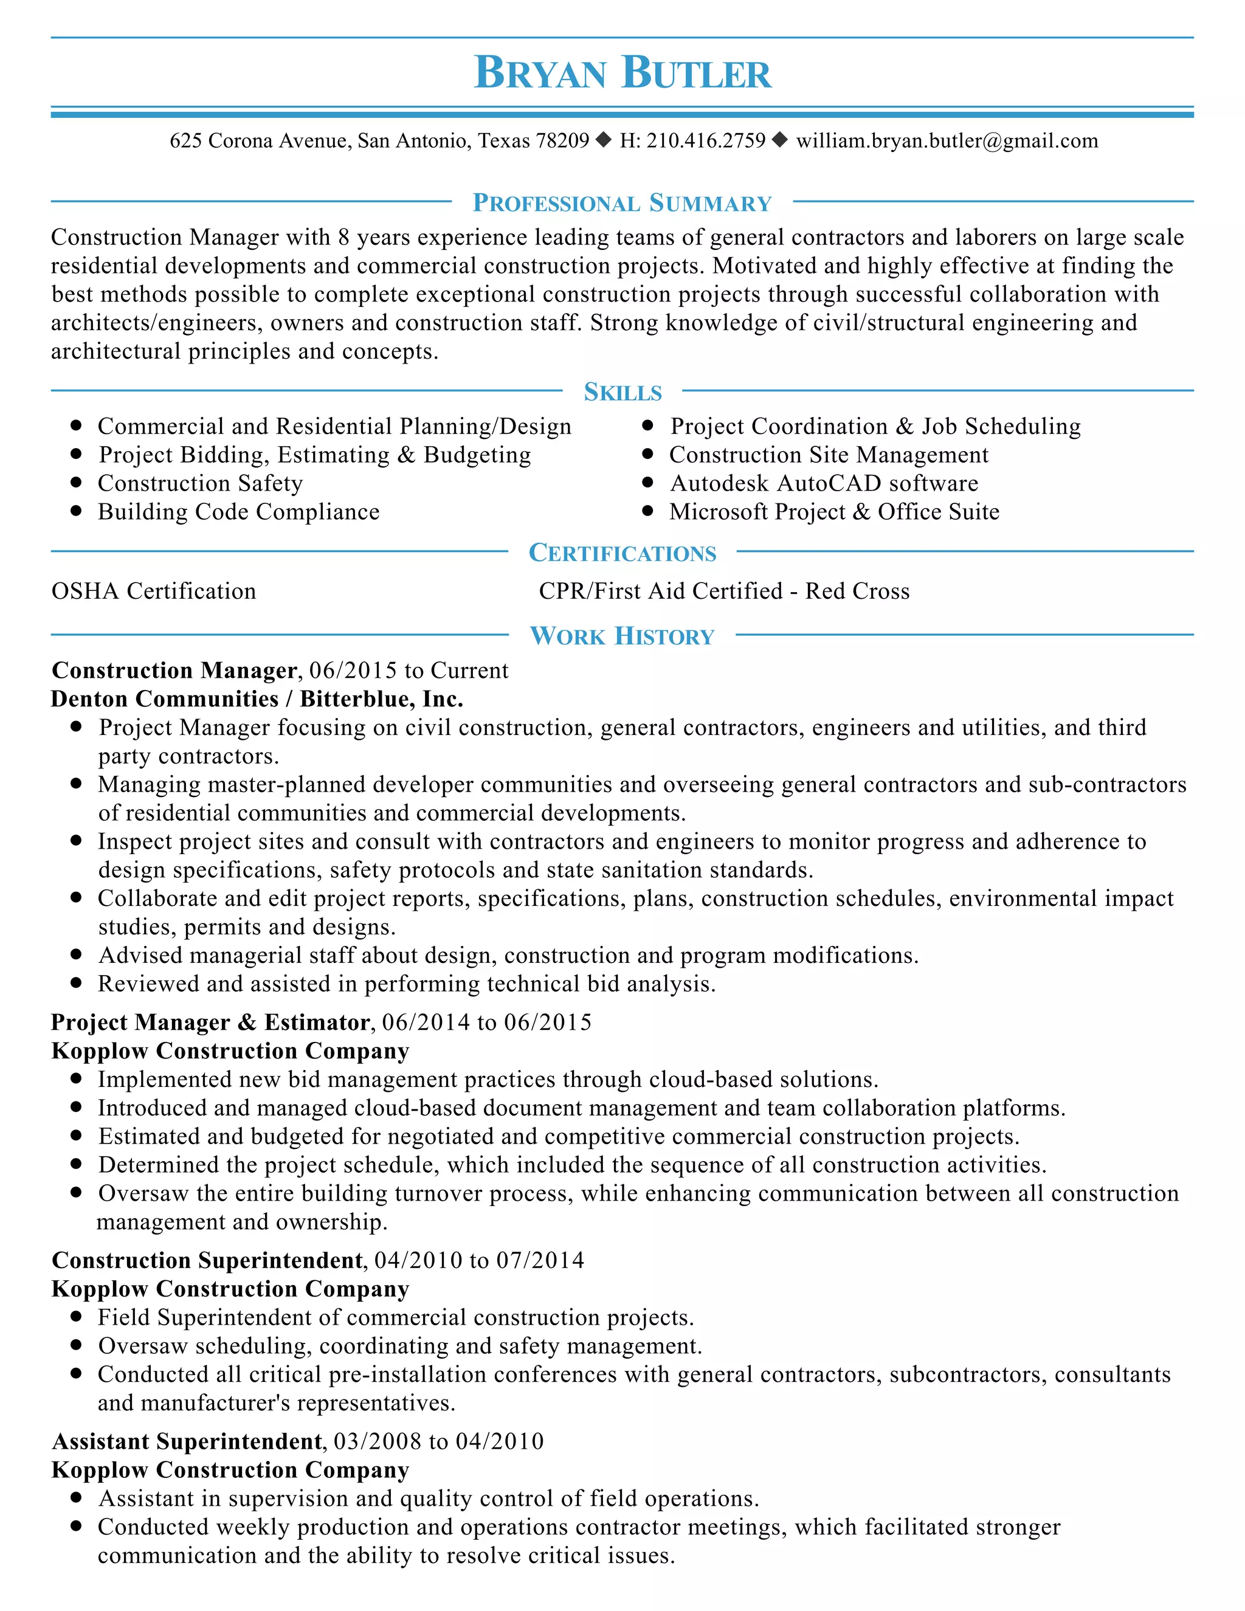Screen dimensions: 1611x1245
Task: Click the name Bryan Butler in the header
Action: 622,73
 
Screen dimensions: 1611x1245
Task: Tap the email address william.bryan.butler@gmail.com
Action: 947,140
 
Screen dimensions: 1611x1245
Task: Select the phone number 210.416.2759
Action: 706,140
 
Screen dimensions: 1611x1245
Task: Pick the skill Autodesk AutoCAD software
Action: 824,483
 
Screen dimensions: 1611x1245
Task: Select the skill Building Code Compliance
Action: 238,512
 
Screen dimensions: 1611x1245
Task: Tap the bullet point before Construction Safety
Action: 75,483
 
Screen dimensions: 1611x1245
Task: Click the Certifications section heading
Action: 622,553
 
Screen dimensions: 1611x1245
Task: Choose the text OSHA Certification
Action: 153,591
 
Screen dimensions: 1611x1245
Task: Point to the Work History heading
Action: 622,636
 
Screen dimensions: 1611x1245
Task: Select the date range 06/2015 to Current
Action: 409,671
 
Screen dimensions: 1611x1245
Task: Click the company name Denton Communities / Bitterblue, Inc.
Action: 257,699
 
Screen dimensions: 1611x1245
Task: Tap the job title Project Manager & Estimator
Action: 210,1023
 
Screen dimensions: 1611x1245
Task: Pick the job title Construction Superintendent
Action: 207,1261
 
